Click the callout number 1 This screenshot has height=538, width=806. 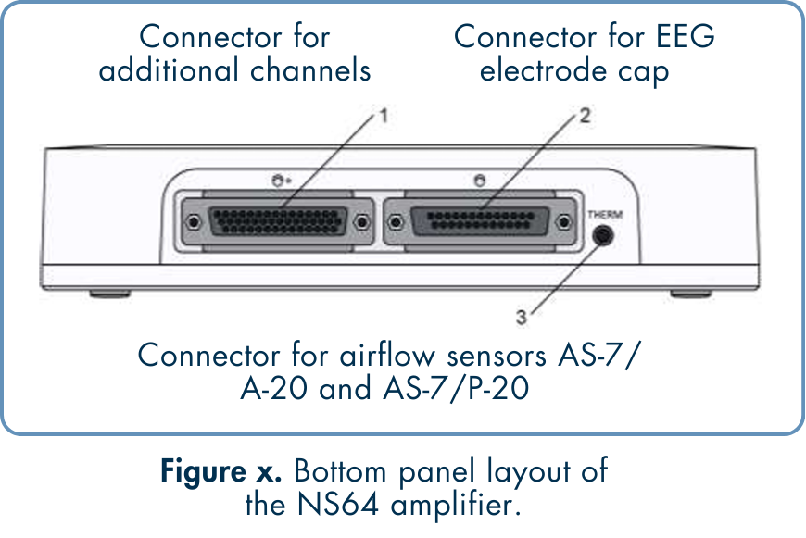(384, 118)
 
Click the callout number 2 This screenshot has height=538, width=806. (585, 117)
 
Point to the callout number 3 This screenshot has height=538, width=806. (522, 318)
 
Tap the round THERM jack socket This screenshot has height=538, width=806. (604, 235)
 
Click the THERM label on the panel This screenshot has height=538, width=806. (605, 215)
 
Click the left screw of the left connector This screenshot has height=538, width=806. (193, 222)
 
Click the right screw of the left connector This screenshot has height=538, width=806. (361, 222)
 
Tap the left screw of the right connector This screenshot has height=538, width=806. (396, 222)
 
